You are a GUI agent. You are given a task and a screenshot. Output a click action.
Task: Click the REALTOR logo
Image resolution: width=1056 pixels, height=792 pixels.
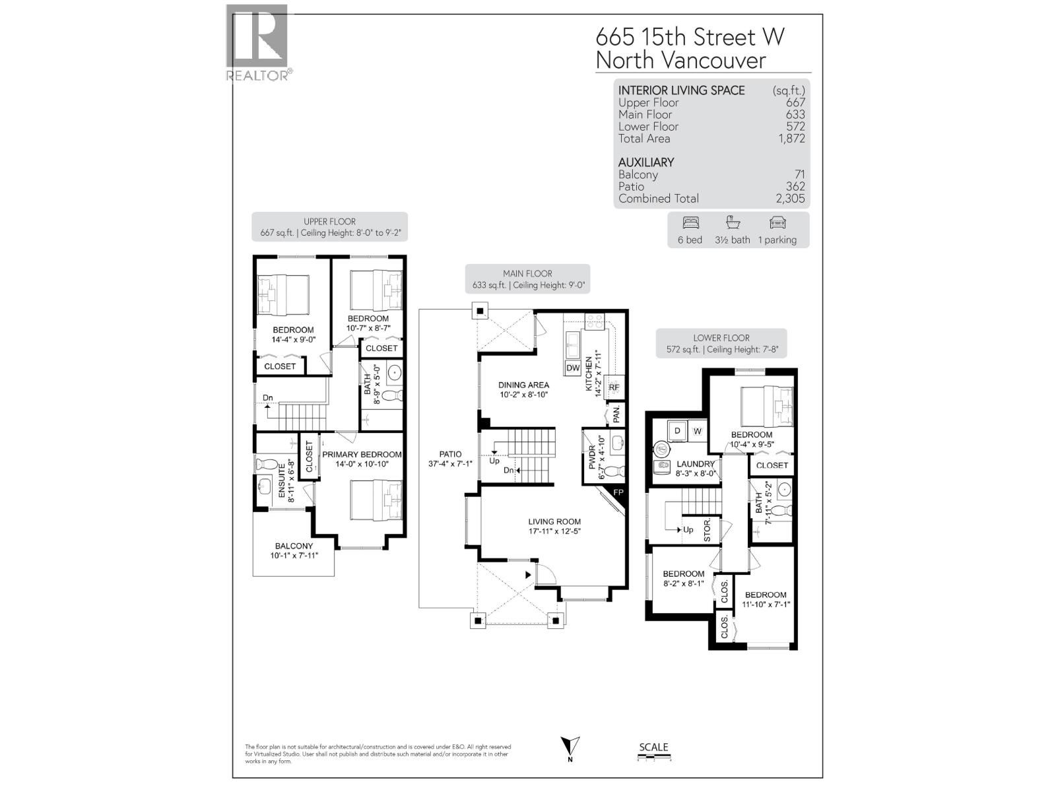258,42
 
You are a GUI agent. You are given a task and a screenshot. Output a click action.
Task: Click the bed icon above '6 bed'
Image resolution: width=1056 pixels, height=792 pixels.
690,222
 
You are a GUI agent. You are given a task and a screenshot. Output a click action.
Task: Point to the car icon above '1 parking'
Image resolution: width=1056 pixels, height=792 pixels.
777,222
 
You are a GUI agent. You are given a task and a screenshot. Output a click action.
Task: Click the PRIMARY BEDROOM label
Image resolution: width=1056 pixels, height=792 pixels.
362,454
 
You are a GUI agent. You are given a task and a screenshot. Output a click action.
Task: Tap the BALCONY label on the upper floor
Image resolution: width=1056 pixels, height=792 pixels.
294,546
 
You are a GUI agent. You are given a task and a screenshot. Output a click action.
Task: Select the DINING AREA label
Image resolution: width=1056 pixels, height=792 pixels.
523,385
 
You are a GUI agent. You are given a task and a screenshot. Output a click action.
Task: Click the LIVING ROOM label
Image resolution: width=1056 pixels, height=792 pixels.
554,521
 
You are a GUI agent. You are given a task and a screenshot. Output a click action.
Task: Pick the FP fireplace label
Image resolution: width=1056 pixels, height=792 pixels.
618,493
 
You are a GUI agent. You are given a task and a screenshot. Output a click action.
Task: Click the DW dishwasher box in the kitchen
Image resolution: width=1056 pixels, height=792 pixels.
572,368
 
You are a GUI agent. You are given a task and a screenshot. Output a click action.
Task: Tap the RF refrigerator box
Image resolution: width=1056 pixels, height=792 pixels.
614,387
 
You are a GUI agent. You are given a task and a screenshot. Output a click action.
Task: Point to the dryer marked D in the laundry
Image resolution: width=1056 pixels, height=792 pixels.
677,431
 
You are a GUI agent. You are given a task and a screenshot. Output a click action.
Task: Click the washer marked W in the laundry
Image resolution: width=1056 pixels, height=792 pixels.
698,431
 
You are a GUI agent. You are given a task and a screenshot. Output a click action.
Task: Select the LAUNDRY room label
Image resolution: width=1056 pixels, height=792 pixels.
695,464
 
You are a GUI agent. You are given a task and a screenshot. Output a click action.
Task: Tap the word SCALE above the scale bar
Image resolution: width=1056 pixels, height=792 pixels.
653,747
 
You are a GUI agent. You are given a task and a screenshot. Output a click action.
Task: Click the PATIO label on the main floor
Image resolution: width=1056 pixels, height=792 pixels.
450,454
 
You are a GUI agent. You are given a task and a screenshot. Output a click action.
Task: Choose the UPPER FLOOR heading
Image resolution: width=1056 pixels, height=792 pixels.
329,222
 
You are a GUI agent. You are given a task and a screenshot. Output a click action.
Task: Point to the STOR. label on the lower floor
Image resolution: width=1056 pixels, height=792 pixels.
707,530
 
